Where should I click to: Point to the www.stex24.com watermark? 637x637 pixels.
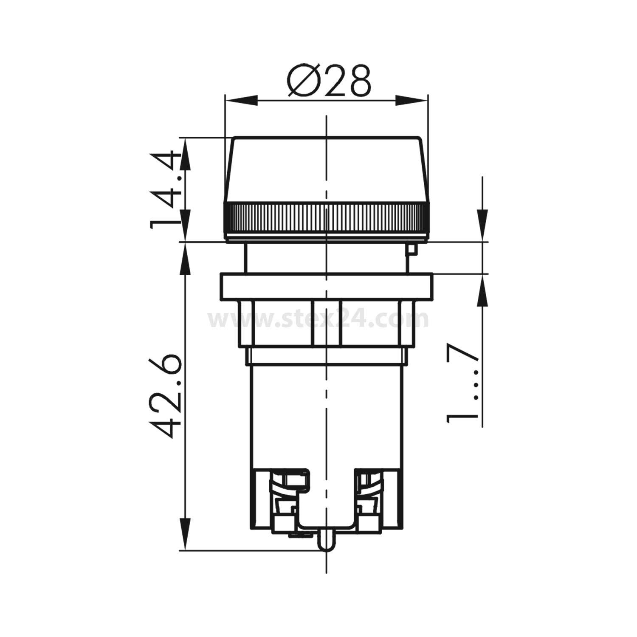coord(318,319)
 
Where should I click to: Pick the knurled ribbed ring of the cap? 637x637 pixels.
coord(326,219)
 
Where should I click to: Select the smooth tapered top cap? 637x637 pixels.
coord(326,170)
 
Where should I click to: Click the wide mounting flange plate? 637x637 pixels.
coord(326,287)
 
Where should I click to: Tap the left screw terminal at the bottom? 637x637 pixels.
coord(289,501)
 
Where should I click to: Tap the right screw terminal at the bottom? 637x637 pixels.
coord(367,501)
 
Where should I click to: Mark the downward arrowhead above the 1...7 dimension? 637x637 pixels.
coord(483,225)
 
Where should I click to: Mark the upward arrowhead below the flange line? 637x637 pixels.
coord(483,291)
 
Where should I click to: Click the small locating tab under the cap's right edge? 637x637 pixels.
coord(411,249)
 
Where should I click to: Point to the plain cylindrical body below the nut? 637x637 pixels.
coord(326,412)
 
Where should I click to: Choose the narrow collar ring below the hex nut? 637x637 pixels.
coord(326,356)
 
